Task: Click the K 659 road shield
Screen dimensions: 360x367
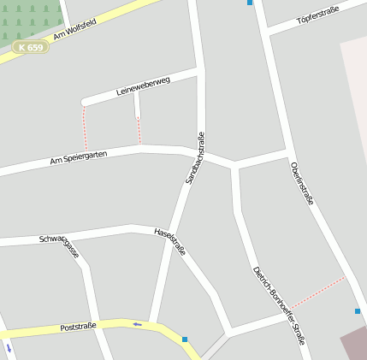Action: pos(30,47)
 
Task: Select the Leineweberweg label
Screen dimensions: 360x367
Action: pos(143,86)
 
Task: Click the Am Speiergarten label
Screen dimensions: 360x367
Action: pos(78,158)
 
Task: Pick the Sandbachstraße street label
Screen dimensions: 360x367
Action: pos(195,158)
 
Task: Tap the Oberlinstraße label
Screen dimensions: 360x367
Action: pos(302,182)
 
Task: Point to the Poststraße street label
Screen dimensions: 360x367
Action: pos(80,328)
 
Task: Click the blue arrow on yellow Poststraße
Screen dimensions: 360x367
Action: pos(137,324)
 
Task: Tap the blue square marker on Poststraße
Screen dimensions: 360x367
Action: pos(184,339)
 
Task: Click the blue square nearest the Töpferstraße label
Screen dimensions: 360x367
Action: pos(250,3)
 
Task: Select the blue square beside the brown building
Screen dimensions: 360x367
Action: pos(358,311)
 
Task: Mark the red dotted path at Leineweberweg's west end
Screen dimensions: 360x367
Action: pos(84,127)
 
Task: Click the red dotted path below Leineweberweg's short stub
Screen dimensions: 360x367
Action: pos(139,129)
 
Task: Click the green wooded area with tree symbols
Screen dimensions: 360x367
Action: pos(30,19)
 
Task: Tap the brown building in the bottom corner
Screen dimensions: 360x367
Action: pos(354,344)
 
